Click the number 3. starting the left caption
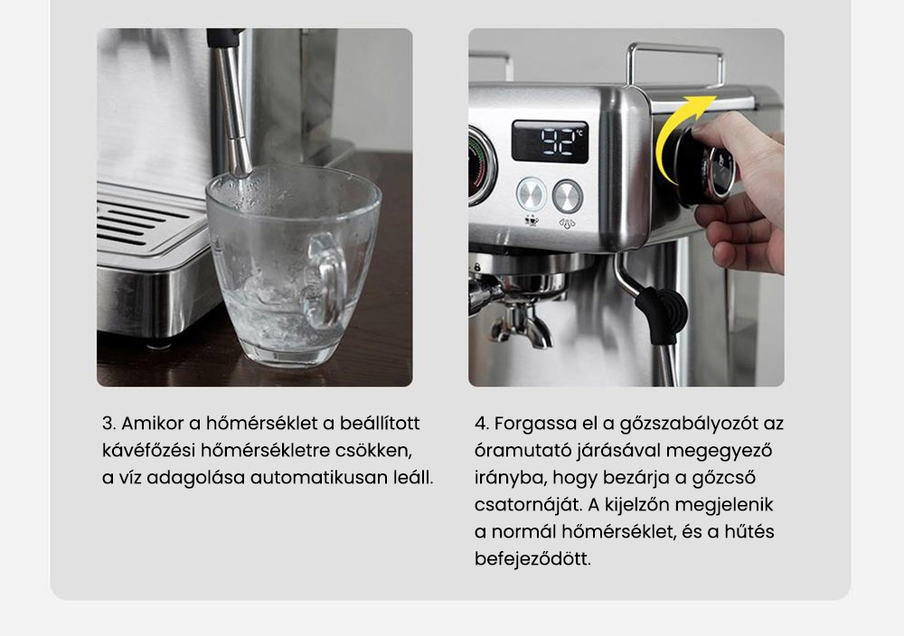109,424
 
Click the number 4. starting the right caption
482,424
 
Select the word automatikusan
325,478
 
